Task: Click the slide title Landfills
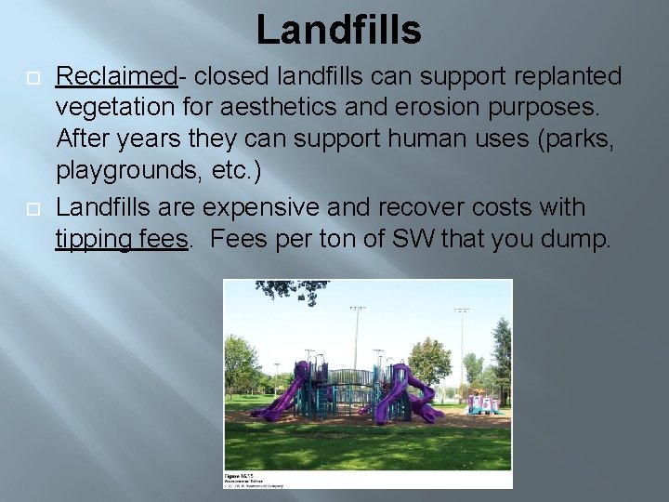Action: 338,30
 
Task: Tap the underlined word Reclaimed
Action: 116,75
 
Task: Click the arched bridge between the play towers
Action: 350,376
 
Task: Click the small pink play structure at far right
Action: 485,402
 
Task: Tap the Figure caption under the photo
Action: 252,477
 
